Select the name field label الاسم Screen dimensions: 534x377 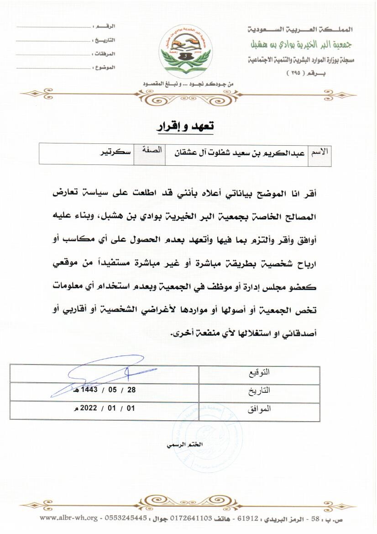(x=320, y=152)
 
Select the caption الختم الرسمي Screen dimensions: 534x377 (x=187, y=444)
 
